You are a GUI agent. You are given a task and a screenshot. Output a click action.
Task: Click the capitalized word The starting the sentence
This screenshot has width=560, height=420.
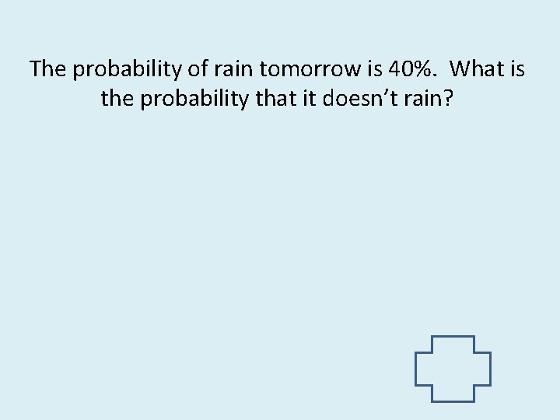tap(48, 69)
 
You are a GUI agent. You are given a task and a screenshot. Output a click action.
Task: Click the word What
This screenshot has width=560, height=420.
tap(478, 69)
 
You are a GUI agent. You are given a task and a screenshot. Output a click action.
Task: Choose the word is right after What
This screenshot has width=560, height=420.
tap(517, 69)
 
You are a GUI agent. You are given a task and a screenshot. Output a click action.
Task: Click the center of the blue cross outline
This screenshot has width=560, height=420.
tap(453, 369)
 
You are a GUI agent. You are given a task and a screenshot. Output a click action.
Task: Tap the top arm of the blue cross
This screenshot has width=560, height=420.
tap(453, 344)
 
